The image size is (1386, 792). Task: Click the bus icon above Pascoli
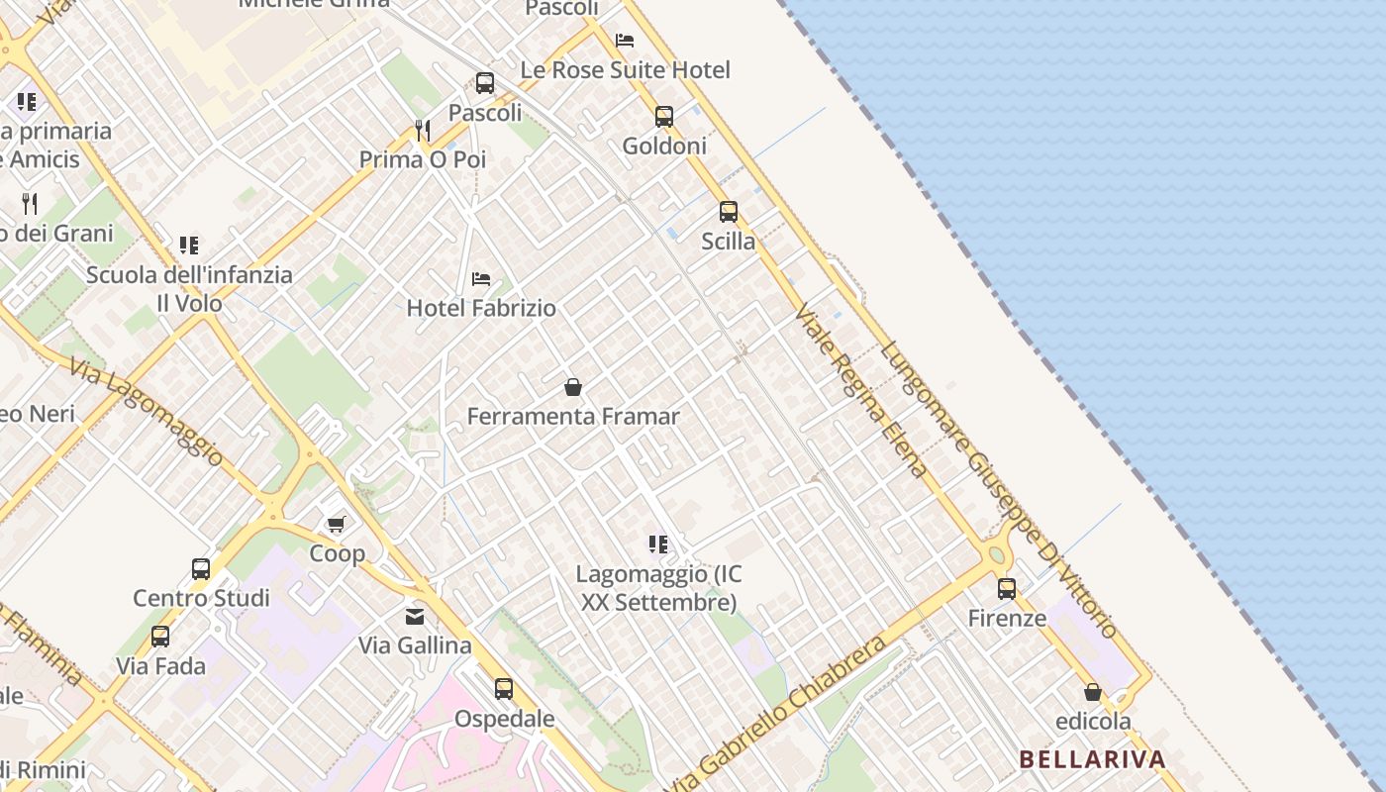tap(485, 83)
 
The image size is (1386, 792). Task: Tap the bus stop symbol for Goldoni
tap(664, 117)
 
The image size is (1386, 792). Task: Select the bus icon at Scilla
tap(729, 212)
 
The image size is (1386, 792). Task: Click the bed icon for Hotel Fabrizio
tap(481, 279)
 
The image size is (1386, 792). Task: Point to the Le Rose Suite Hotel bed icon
tap(625, 41)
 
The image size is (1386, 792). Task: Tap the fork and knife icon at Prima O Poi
tap(423, 130)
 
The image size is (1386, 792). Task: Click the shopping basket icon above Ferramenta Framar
tap(572, 387)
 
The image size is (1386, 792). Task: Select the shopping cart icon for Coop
tap(337, 524)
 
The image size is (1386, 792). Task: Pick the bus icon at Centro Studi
tap(201, 569)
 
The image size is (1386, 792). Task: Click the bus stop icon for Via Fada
tap(160, 637)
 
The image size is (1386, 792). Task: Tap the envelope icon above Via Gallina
tap(415, 617)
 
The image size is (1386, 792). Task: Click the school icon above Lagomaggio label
tap(658, 544)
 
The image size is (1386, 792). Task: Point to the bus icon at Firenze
tap(1007, 589)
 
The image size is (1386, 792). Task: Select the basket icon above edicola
tap(1093, 692)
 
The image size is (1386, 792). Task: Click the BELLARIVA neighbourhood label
tap(1092, 760)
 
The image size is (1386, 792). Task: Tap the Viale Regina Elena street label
tap(860, 390)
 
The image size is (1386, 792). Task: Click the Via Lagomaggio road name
tap(148, 412)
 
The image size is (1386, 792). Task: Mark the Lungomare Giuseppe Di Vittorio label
tap(999, 489)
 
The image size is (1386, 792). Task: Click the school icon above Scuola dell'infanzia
tap(189, 246)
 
